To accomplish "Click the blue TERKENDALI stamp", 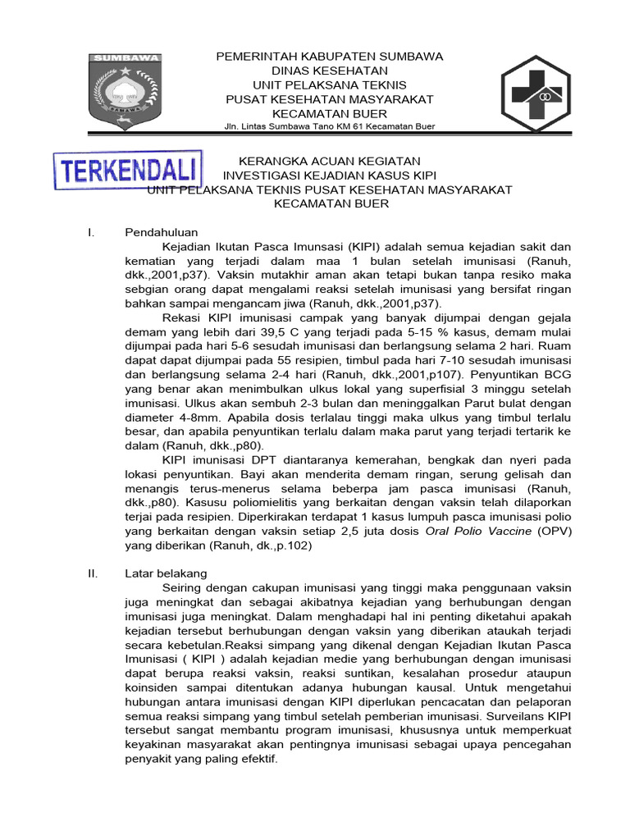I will (128, 171).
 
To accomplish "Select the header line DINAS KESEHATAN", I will (329, 71).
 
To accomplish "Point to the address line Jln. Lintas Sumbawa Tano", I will (329, 126).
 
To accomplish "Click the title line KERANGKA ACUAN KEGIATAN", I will (329, 161).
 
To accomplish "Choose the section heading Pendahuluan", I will (162, 232).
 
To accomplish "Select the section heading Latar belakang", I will (166, 573).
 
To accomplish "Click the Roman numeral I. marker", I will (91, 232).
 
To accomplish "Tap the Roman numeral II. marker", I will (93, 573).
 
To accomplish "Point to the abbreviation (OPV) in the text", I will (555, 531).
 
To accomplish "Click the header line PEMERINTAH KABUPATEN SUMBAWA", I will (329, 56).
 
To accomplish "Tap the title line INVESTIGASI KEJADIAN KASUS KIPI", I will (329, 176).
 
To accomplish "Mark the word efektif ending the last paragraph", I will (256, 759).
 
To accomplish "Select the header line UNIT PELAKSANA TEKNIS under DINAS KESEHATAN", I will (329, 85).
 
